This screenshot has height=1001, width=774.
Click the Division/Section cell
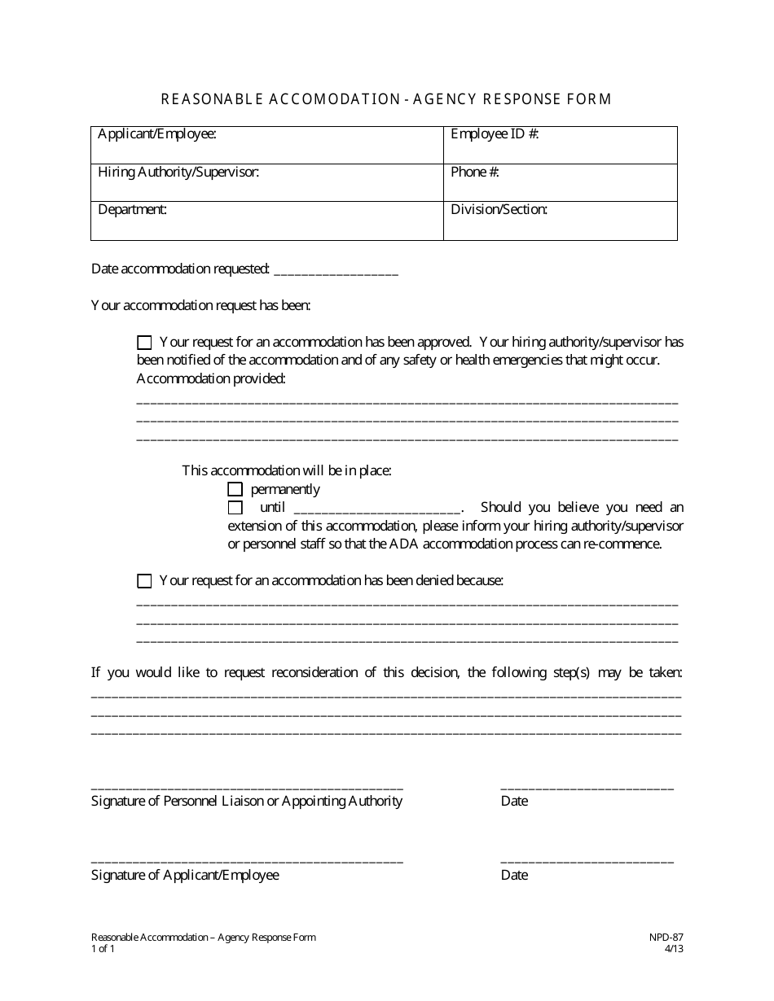[x=560, y=221]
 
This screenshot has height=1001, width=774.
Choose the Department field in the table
[x=266, y=221]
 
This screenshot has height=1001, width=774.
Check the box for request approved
[x=144, y=343]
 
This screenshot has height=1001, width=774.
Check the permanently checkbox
[x=235, y=489]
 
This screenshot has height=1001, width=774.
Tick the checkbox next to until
[x=235, y=508]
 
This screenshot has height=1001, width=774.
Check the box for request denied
[x=144, y=581]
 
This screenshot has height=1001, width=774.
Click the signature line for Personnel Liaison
[x=247, y=786]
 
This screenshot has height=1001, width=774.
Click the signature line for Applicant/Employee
[x=247, y=860]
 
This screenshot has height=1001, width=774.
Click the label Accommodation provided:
[x=211, y=379]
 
